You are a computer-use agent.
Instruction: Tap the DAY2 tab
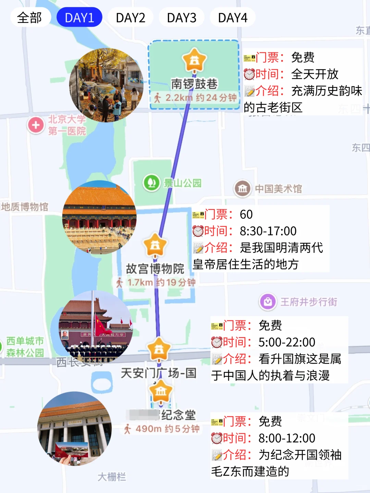pos(131,17)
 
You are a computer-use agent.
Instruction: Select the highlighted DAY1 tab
pos(79,17)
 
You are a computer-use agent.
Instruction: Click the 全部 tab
pos(30,17)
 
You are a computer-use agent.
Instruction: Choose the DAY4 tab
pos(233,17)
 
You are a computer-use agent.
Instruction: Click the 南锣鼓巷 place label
pos(194,84)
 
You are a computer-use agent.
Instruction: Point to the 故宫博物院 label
pos(155,269)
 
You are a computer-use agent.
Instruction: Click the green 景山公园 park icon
pos(151,182)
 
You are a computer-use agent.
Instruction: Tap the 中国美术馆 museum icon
pos(242,188)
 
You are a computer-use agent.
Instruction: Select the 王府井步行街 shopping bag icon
pos(268,302)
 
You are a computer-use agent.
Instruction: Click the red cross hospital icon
pos(36,125)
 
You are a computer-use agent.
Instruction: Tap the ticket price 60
pos(246,214)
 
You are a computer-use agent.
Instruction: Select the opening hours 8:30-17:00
pos(268,231)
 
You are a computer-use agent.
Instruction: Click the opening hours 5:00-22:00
pos(287,342)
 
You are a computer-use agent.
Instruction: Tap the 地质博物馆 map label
pos(25,207)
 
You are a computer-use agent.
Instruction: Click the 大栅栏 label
pos(112,477)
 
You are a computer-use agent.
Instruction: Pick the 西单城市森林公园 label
pos(25,347)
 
